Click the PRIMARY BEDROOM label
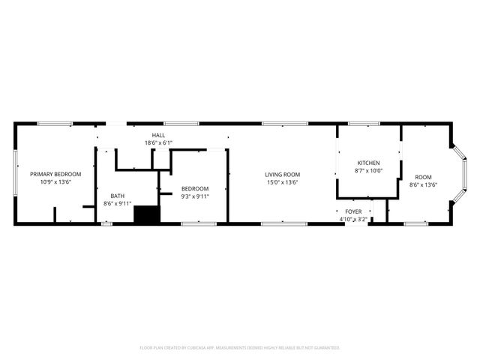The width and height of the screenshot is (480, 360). coord(55,174)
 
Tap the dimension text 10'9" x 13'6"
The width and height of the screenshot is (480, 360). coord(55,181)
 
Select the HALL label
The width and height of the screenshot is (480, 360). coord(158,136)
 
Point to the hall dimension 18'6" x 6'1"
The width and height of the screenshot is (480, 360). coord(158,142)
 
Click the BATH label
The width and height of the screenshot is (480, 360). coord(118,196)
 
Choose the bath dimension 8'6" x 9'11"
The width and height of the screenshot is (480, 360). coord(118,203)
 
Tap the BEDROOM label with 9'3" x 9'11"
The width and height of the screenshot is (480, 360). coord(195,189)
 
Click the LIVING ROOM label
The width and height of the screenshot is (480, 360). coord(282,175)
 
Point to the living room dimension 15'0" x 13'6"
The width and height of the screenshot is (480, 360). coord(282,182)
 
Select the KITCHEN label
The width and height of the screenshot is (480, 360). coord(368,163)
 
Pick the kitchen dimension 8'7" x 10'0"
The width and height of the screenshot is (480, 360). coord(368,170)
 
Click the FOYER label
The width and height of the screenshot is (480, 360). coord(353,212)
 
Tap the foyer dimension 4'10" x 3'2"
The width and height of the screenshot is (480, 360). coord(353,220)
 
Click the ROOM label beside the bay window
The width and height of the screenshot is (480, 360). coord(423,177)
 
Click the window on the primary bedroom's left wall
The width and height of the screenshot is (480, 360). coord(15,174)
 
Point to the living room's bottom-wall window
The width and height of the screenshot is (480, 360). coord(283,223)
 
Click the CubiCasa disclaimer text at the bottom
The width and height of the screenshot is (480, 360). coord(240,348)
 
